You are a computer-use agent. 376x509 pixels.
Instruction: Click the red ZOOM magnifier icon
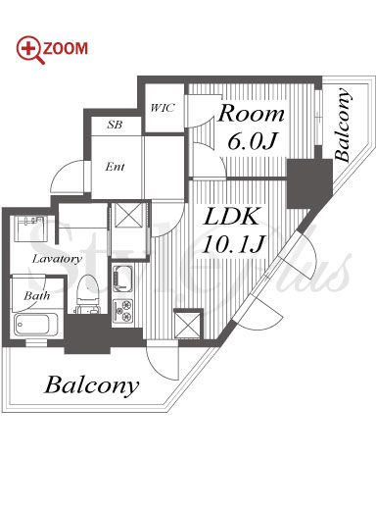click(x=30, y=49)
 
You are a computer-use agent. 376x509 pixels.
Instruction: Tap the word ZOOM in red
click(x=66, y=48)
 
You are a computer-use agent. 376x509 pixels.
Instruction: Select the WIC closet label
click(x=163, y=108)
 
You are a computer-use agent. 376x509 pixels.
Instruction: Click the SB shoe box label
click(x=115, y=125)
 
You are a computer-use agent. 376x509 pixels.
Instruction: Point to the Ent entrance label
click(x=115, y=167)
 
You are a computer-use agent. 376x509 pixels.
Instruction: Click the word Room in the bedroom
click(x=251, y=114)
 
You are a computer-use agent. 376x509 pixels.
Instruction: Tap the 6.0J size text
click(x=252, y=141)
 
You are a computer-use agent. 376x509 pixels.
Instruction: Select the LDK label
click(x=231, y=216)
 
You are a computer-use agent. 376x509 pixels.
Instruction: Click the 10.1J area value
click(x=232, y=244)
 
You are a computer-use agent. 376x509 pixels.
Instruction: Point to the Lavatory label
click(x=57, y=259)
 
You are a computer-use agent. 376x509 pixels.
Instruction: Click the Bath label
click(x=37, y=296)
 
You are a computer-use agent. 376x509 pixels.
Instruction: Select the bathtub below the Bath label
click(x=36, y=325)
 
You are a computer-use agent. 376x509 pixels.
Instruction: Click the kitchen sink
click(x=122, y=279)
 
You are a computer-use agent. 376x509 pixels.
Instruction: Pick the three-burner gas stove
click(x=122, y=311)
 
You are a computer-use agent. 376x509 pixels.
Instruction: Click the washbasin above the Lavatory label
click(x=30, y=229)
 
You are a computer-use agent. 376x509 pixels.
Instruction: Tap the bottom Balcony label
click(x=92, y=386)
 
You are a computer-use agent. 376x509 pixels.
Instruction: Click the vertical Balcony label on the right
click(x=343, y=125)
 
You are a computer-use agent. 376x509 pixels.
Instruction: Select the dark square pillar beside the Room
click(x=309, y=184)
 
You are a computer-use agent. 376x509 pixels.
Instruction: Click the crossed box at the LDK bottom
click(x=187, y=324)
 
